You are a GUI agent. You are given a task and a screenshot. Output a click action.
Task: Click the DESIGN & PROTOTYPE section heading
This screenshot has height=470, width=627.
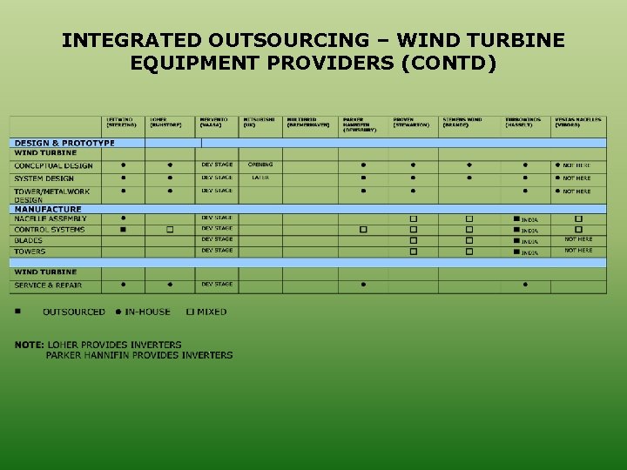tap(64, 143)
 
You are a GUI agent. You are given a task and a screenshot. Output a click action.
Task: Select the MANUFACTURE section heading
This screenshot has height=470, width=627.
tap(48, 209)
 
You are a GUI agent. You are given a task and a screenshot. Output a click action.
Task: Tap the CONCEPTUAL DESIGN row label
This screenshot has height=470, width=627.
tap(53, 165)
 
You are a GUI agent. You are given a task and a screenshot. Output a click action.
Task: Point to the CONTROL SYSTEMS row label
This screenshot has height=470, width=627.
tap(50, 230)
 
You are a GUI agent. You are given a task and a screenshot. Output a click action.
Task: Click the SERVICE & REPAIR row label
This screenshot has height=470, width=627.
tap(48, 285)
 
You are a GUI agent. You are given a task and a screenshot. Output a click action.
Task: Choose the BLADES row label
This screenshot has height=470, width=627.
tap(29, 241)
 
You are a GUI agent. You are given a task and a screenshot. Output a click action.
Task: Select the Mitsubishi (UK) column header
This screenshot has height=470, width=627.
tap(259, 122)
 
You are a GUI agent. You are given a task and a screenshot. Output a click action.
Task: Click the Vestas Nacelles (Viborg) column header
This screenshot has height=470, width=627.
tap(577, 122)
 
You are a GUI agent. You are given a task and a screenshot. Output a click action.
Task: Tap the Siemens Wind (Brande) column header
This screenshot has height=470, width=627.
tap(462, 122)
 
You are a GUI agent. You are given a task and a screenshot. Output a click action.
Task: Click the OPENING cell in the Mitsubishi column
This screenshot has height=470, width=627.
tap(260, 164)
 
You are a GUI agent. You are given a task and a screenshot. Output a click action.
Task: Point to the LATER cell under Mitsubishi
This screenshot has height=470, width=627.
tap(260, 178)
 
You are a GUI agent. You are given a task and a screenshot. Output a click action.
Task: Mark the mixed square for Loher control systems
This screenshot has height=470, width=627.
tap(170, 230)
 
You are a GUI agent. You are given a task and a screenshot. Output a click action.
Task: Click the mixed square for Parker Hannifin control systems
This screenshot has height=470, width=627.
tap(363, 230)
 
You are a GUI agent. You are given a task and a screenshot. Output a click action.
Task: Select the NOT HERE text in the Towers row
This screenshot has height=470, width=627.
tap(578, 251)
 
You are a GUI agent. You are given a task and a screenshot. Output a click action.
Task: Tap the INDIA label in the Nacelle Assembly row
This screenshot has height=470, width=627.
tap(529, 220)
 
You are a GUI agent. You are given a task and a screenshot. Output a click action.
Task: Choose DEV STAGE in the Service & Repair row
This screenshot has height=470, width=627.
tap(217, 285)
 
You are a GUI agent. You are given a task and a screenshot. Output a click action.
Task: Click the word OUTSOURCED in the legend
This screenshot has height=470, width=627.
tap(74, 312)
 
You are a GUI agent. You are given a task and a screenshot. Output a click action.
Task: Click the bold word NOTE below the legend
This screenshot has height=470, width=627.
tap(29, 345)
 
